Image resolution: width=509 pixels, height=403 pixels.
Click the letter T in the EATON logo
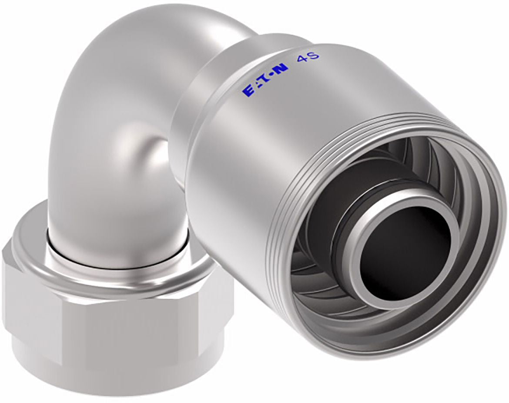(265, 79)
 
